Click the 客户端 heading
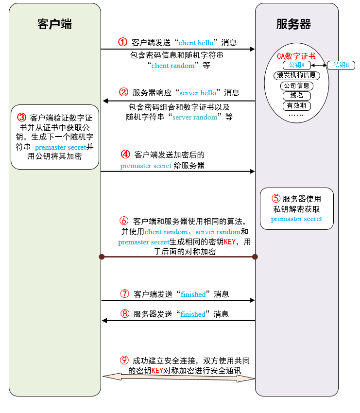pyautogui.click(x=54, y=24)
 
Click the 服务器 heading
pyautogui.click(x=293, y=24)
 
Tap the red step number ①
pyautogui.click(x=122, y=42)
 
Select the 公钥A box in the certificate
pyautogui.click(x=296, y=65)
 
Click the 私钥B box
pyautogui.click(x=341, y=65)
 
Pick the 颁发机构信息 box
pyautogui.click(x=296, y=75)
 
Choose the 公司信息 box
pyautogui.click(x=296, y=86)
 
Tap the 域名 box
pyautogui.click(x=296, y=96)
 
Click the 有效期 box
pyautogui.click(x=296, y=106)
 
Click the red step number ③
pyautogui.click(x=21, y=117)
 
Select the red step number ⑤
pyautogui.click(x=276, y=198)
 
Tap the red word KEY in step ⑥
pyautogui.click(x=229, y=242)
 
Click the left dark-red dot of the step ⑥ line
pyautogui.click(x=102, y=257)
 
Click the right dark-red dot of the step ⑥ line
pyautogui.click(x=255, y=257)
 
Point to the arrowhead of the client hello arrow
pyautogui.click(x=253, y=49)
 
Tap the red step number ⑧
pyautogui.click(x=124, y=314)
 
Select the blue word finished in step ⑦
pyautogui.click(x=193, y=294)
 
